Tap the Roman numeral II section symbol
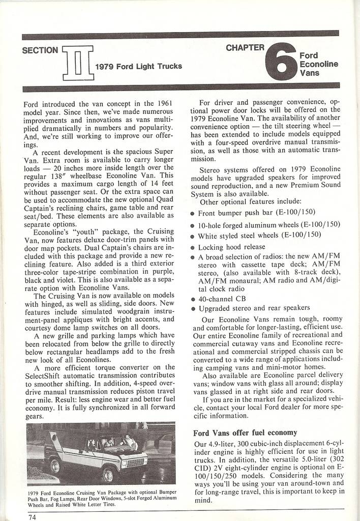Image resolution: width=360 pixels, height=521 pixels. [77, 63]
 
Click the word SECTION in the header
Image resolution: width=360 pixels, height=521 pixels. [41, 50]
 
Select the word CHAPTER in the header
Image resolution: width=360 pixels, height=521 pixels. [245, 48]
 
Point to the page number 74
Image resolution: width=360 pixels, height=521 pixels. [33, 516]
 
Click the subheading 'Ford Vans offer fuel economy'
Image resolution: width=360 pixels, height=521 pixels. [245, 433]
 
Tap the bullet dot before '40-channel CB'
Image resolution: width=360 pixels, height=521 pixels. [193, 300]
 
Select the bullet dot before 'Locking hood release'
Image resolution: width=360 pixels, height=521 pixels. [193, 247]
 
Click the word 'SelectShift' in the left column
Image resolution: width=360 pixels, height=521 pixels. [45, 376]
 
